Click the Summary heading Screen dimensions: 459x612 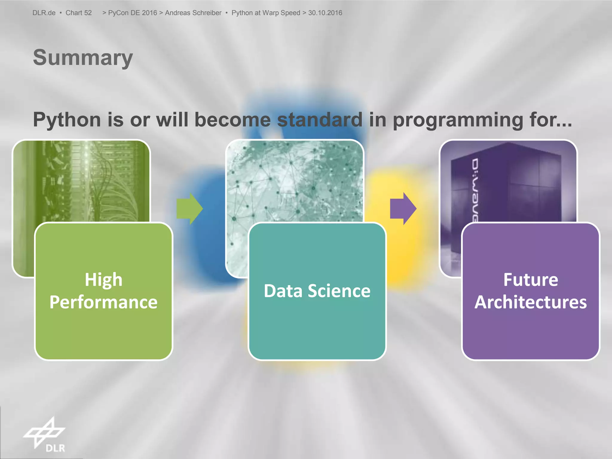[83, 57]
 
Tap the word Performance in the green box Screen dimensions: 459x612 [103, 302]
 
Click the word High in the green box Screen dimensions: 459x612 [103, 280]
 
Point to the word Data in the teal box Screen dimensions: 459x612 [283, 291]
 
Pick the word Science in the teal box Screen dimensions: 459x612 [339, 291]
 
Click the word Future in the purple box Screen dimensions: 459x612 [531, 280]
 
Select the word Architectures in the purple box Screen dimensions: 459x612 [531, 302]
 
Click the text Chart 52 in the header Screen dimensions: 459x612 [79, 13]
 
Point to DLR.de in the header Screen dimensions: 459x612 [44, 13]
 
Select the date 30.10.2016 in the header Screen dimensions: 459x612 [325, 13]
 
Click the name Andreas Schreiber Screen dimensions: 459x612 [193, 13]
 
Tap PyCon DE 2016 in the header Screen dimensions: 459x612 [132, 13]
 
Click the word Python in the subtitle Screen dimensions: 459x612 [67, 120]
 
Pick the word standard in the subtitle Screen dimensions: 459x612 [320, 120]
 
